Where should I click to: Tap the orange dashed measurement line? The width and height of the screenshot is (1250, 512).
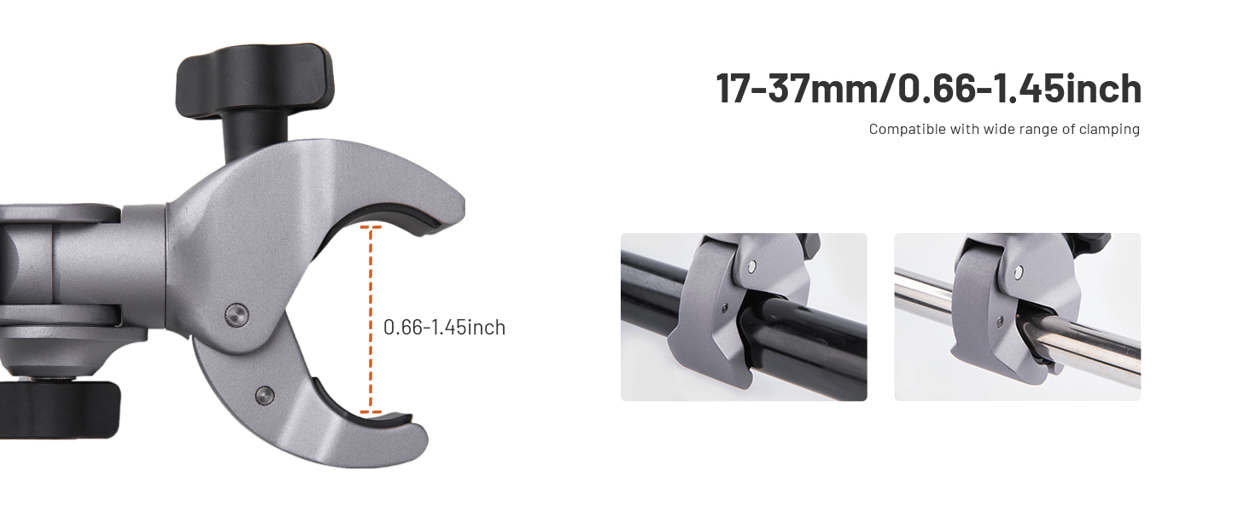coord(370,320)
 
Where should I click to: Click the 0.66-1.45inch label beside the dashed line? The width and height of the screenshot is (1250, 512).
coord(444,328)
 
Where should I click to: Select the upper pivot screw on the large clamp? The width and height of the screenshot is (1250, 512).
coord(237,315)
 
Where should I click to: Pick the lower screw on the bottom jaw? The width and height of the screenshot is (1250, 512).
coord(265,395)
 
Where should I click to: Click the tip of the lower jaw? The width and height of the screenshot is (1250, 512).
coord(424,440)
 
